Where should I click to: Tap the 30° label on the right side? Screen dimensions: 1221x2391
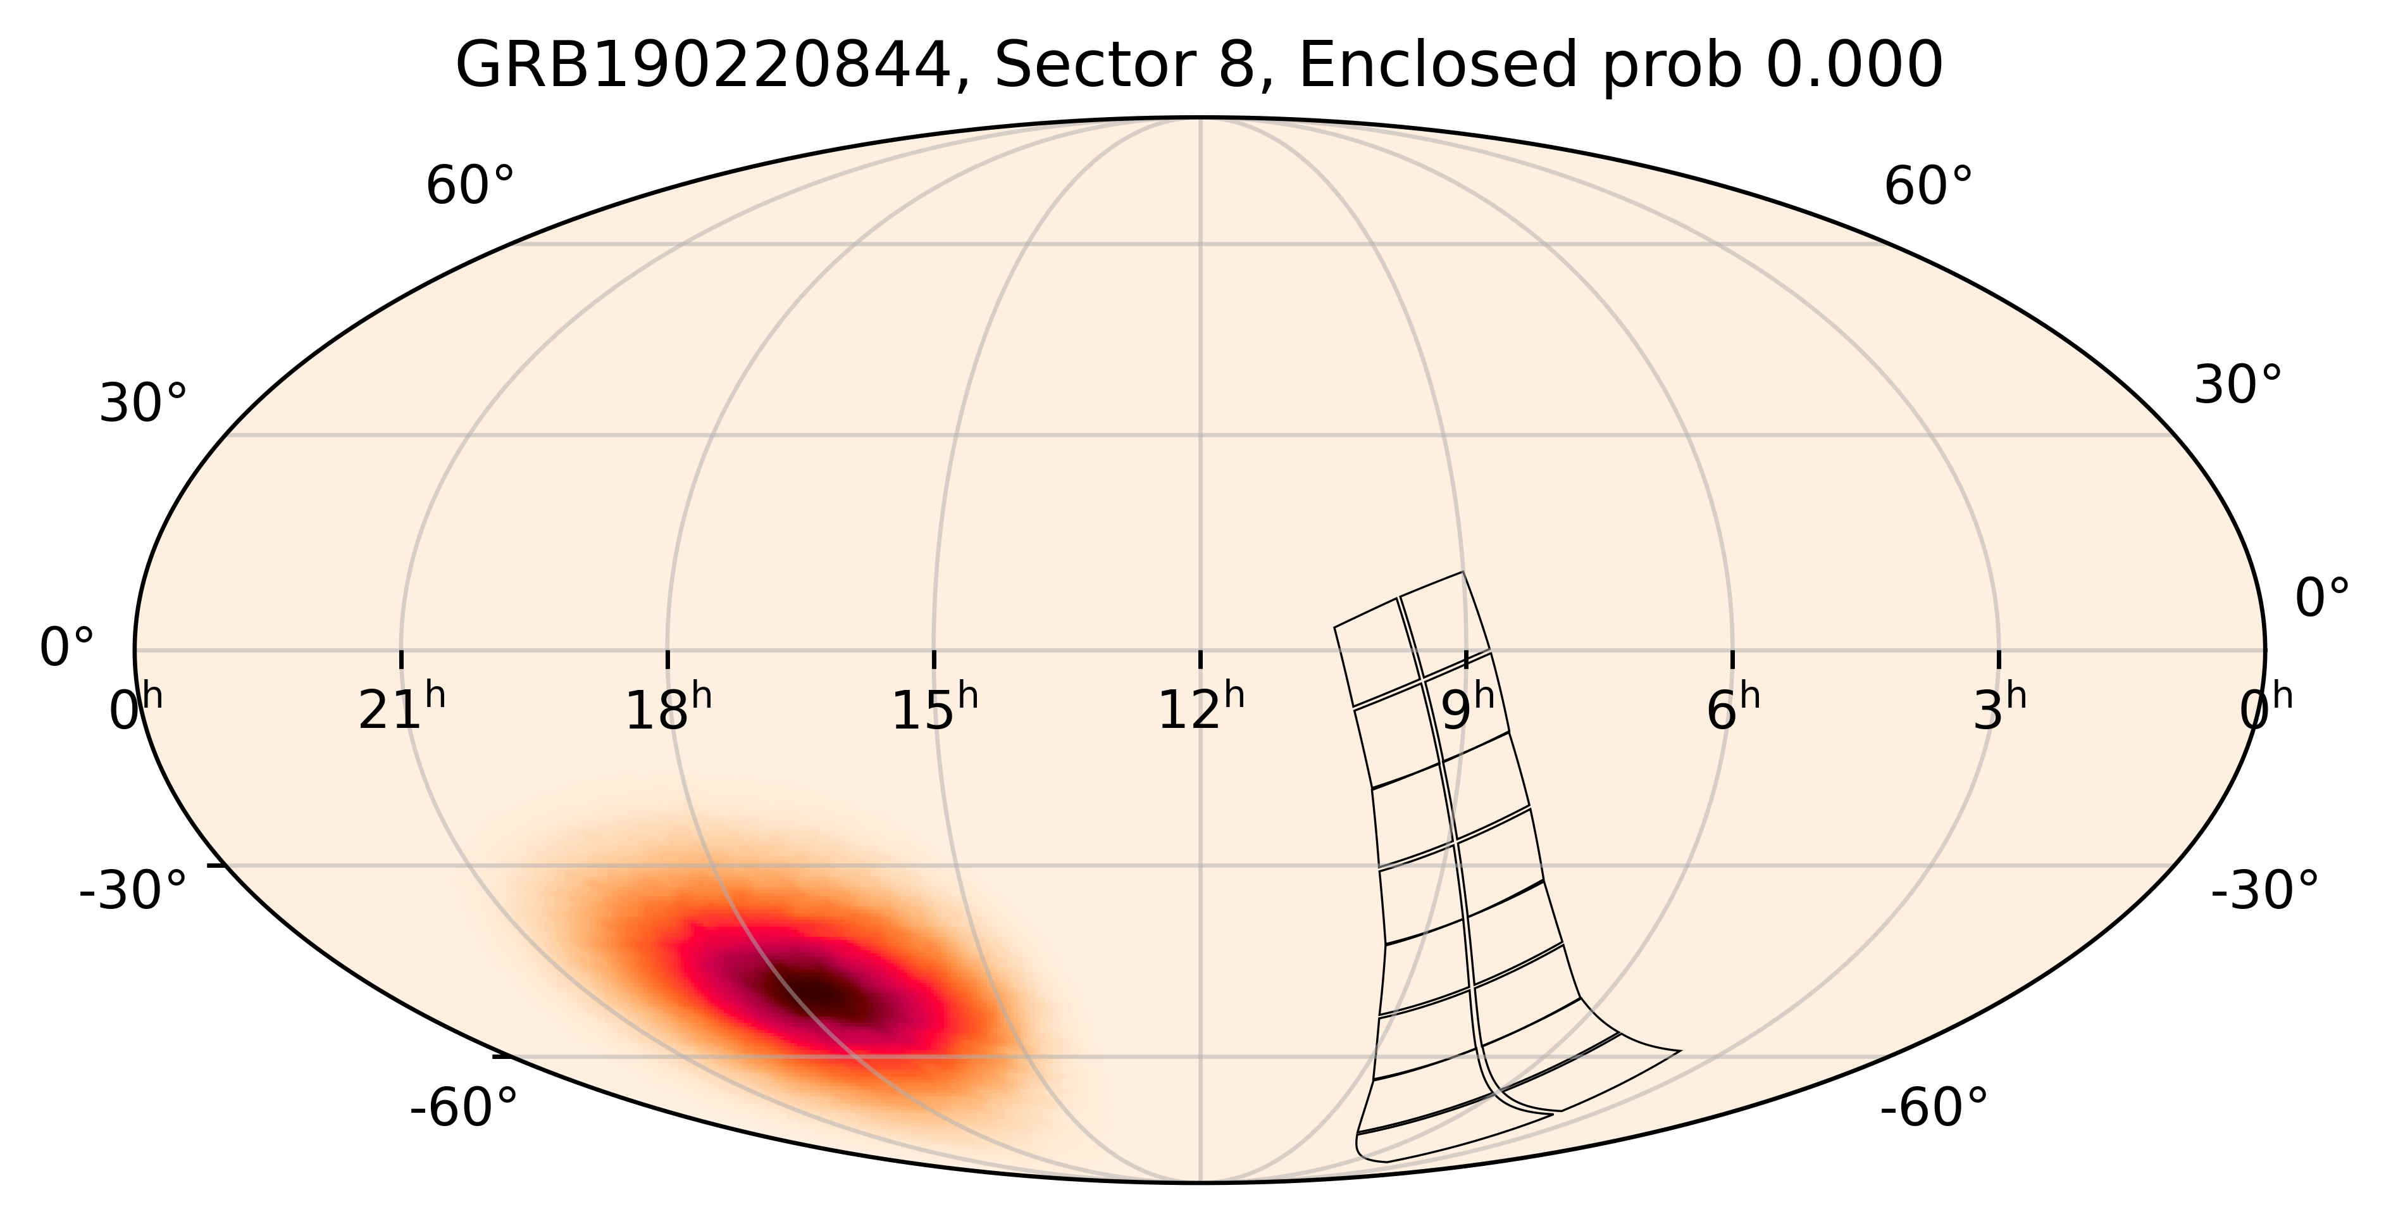[x=2237, y=385]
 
